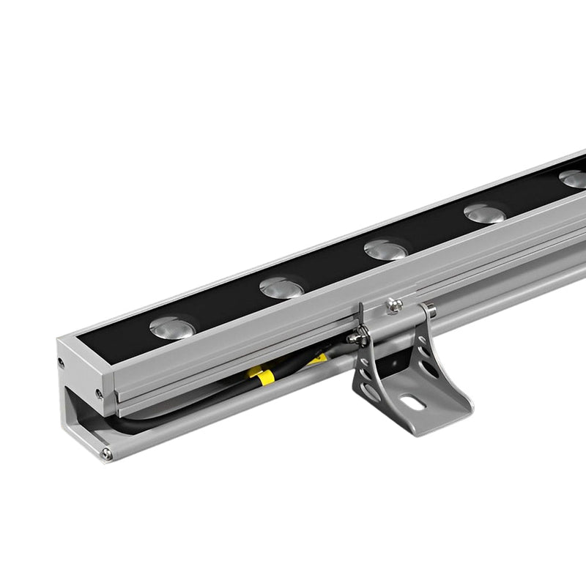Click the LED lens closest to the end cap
tap(172, 327)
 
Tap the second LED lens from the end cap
tap(282, 288)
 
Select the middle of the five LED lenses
tap(385, 250)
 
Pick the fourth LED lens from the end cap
tap(485, 213)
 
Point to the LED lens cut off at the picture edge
tap(574, 178)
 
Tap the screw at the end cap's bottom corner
tap(107, 454)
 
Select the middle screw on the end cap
tap(99, 393)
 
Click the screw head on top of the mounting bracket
tap(394, 304)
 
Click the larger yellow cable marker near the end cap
tap(262, 376)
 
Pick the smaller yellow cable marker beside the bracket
tap(318, 359)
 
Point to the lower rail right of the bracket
tap(513, 293)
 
